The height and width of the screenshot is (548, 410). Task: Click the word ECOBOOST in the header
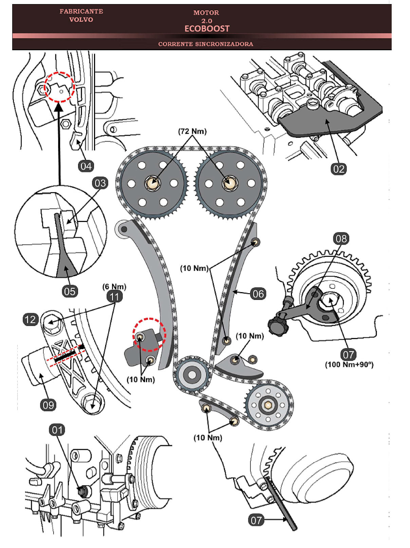pos(207,29)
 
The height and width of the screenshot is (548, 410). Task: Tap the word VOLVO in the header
pos(81,20)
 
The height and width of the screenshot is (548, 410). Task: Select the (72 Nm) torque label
pos(192,131)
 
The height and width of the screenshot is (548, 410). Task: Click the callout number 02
pos(338,169)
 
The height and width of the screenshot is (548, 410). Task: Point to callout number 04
pos(86,166)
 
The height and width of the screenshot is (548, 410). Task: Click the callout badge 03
pos(100,183)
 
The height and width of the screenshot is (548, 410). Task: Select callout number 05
pos(70,291)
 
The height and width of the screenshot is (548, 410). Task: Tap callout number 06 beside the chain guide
pos(258,294)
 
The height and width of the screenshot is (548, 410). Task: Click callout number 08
pos(341,239)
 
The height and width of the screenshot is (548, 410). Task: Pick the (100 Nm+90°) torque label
pos(349,365)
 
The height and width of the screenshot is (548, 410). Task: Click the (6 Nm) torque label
pos(114,287)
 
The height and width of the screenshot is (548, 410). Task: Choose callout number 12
pos(30,319)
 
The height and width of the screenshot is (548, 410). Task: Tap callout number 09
pos(48,405)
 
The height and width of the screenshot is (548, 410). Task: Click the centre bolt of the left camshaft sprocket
pos(153,183)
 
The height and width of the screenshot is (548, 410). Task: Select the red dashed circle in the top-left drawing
pos(60,87)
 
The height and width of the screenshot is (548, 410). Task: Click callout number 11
pos(114,297)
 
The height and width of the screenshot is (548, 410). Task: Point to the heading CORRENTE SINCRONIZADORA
pos(205,44)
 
